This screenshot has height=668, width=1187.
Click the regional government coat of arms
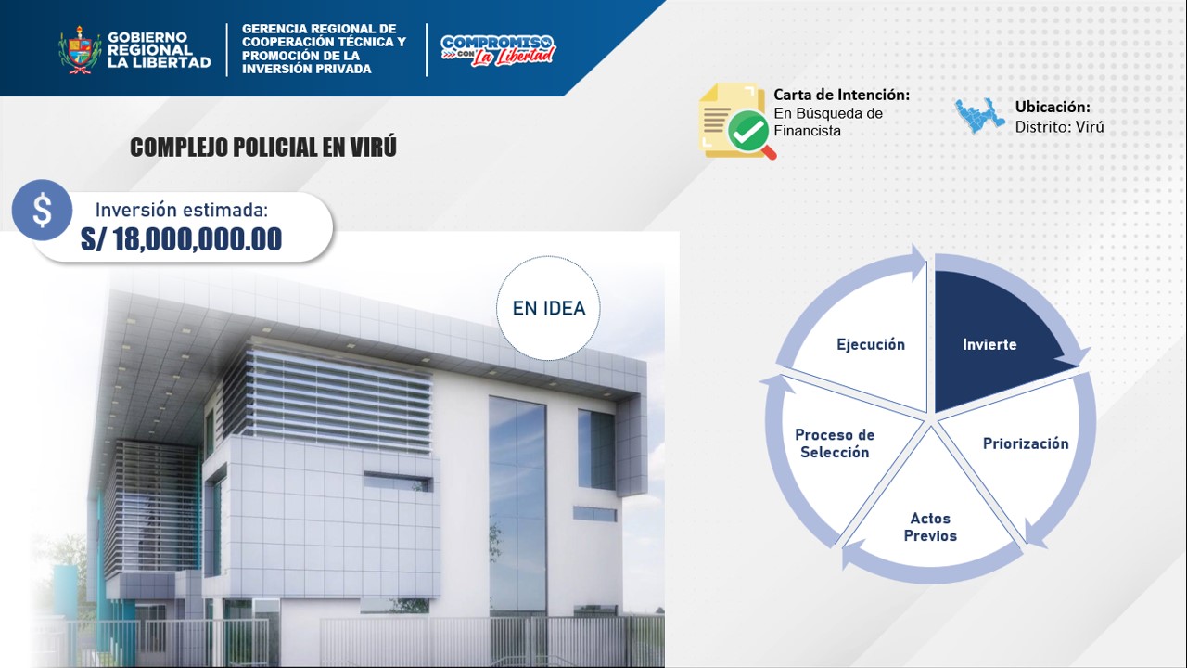point(80,49)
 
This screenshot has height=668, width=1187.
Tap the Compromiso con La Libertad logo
point(498,51)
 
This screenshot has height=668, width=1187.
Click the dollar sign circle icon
point(42,210)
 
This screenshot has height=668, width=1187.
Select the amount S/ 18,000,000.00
point(181,239)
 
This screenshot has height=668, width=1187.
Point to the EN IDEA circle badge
point(548,308)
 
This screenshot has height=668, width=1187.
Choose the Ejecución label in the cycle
point(871,344)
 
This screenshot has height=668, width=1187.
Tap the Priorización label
point(1026,443)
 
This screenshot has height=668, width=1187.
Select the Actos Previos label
point(930,527)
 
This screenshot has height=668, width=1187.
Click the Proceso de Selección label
point(835,443)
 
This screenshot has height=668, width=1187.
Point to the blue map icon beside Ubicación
point(979,116)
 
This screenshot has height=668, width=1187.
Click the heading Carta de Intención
point(841,95)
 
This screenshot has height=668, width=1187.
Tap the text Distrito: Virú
point(1059,127)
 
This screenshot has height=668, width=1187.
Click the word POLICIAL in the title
point(275,148)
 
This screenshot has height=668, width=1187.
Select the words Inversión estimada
point(182,211)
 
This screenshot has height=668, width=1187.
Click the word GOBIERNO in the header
point(147,37)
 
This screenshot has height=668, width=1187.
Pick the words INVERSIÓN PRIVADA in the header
point(307,69)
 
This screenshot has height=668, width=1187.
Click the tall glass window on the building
point(517,507)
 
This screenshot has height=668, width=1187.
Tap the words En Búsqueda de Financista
point(828,122)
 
